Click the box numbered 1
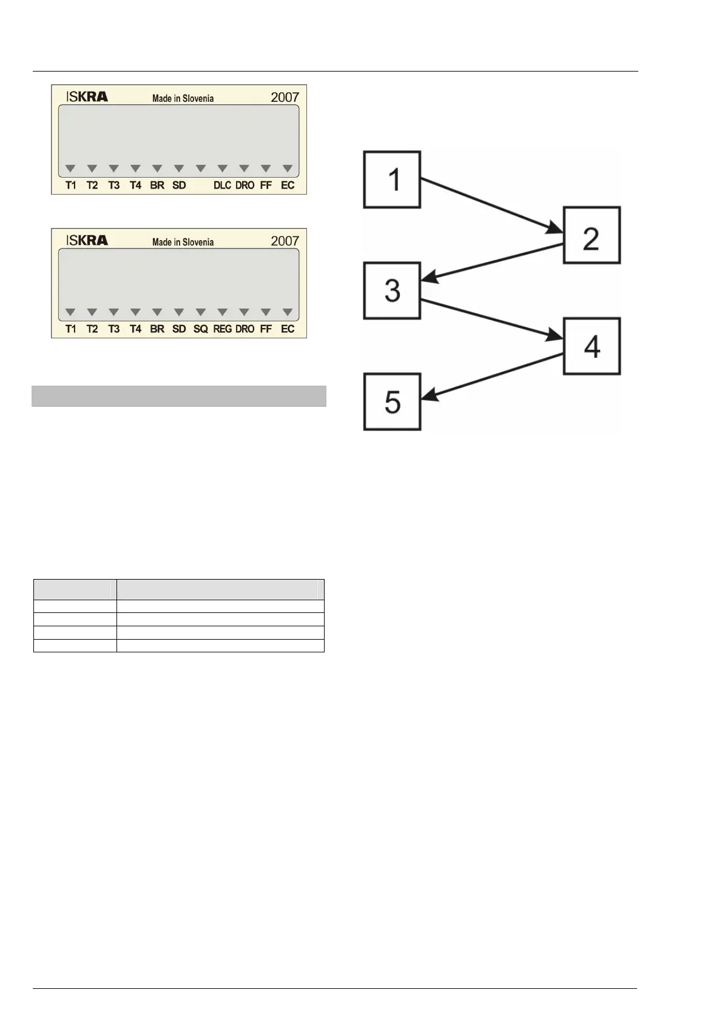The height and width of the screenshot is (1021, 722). pyautogui.click(x=392, y=179)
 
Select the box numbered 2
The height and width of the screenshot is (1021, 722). pyautogui.click(x=592, y=235)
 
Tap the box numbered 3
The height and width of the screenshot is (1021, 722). pyautogui.click(x=392, y=290)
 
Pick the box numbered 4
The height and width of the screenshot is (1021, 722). pyautogui.click(x=592, y=346)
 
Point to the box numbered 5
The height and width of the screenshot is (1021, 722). pyautogui.click(x=392, y=401)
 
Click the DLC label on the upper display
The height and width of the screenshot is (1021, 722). pyautogui.click(x=222, y=186)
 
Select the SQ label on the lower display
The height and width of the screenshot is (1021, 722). pyautogui.click(x=200, y=329)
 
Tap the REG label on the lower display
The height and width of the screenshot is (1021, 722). pyautogui.click(x=222, y=329)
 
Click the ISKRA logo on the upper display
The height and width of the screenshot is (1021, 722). pyautogui.click(x=87, y=96)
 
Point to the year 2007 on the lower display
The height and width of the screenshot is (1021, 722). pyautogui.click(x=285, y=241)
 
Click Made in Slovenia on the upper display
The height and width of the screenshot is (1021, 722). pyautogui.click(x=183, y=98)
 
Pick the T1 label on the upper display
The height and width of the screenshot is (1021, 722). pyautogui.click(x=71, y=186)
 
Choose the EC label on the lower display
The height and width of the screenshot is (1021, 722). pyautogui.click(x=288, y=329)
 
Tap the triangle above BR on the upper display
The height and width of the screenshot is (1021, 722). pyautogui.click(x=157, y=169)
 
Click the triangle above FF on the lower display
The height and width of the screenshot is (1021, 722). pyautogui.click(x=266, y=312)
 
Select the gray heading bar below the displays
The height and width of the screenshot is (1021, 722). pyautogui.click(x=179, y=396)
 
